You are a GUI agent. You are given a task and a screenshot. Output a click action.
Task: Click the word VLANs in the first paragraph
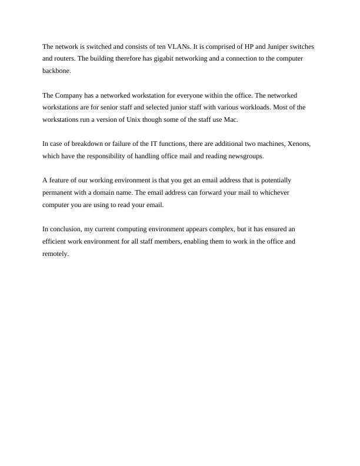[173, 46]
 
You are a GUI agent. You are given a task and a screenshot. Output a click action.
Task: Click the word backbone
[56, 71]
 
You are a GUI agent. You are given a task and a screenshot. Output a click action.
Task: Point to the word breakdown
[84, 144]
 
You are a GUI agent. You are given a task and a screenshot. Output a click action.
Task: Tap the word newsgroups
[244, 156]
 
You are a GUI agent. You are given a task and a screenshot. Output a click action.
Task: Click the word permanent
[58, 192]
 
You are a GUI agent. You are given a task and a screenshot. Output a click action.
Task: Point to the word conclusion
[65, 229]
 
